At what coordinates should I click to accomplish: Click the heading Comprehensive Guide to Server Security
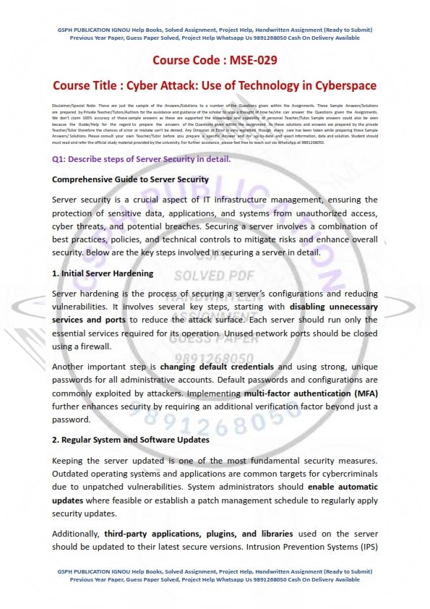point(131,179)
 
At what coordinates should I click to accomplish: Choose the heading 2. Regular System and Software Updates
point(131,440)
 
